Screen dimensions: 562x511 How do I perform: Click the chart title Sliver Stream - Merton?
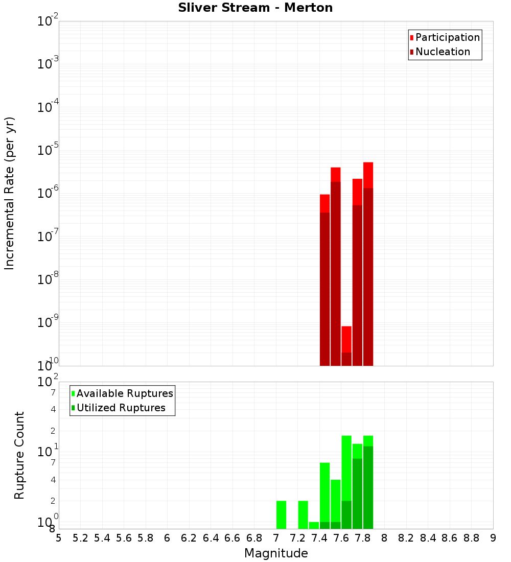click(x=255, y=8)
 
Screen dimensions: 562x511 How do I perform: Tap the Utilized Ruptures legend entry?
click(x=121, y=408)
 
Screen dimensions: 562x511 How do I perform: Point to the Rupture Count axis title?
click(x=19, y=455)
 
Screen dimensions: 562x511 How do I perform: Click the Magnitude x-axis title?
click(x=276, y=553)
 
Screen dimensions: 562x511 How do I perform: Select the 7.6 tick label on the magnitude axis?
click(x=341, y=538)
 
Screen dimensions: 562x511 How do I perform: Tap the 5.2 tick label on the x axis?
click(x=80, y=538)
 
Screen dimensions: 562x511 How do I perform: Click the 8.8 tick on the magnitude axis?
click(x=471, y=538)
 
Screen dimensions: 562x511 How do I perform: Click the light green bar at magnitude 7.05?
click(x=281, y=514)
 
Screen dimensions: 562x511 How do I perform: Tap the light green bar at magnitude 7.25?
click(x=303, y=514)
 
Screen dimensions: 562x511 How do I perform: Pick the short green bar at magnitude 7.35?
click(x=314, y=525)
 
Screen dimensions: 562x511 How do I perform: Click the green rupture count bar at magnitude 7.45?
click(x=324, y=496)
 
